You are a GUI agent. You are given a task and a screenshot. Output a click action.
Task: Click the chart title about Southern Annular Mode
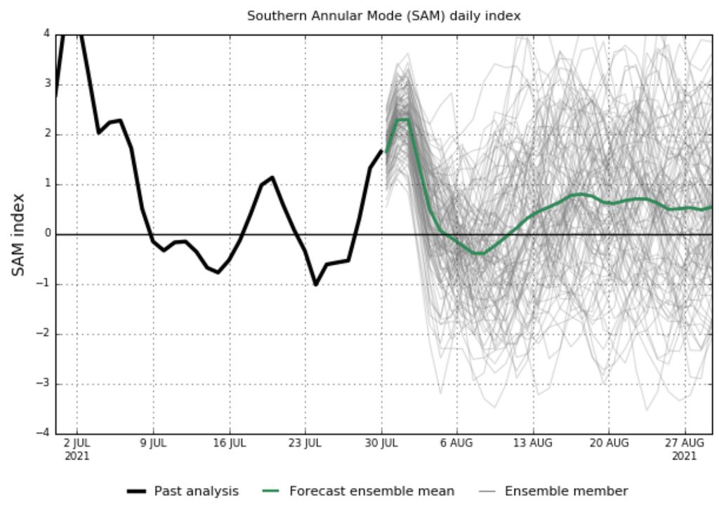383,15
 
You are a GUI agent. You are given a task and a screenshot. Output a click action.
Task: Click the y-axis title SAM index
19,234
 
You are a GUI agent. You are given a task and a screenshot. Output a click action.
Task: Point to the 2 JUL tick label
77,443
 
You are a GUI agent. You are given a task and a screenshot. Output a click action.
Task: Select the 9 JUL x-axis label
153,443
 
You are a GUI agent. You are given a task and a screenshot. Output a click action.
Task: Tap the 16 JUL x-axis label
229,443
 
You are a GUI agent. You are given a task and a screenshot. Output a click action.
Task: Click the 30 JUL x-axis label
381,443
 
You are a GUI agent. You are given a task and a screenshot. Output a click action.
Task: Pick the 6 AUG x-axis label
457,443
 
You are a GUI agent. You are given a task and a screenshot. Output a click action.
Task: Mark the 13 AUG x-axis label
533,443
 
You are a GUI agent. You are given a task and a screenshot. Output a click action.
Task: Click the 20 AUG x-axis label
609,443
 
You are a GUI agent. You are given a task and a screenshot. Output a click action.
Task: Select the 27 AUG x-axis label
685,443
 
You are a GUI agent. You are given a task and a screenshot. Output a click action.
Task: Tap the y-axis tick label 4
46,34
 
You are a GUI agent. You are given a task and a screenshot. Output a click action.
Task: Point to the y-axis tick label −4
44,433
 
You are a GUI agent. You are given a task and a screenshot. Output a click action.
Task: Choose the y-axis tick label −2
44,334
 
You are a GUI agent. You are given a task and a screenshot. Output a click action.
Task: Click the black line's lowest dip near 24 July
316,285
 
